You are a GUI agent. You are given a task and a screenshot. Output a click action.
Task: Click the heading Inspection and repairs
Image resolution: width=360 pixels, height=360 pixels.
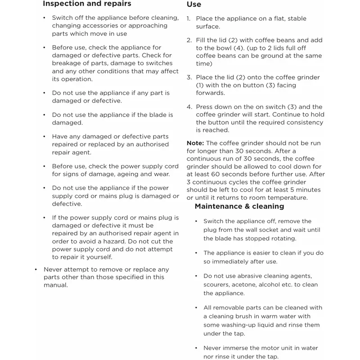[x=87, y=4]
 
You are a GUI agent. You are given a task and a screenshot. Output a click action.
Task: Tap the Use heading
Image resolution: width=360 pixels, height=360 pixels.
[x=194, y=4]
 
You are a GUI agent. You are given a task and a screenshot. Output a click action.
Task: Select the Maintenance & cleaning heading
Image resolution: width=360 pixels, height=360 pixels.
[x=239, y=207]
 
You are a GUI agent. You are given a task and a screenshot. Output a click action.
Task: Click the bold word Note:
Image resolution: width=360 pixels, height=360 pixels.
[x=195, y=143]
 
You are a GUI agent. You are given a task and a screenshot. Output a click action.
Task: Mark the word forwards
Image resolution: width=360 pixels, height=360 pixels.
[x=210, y=93]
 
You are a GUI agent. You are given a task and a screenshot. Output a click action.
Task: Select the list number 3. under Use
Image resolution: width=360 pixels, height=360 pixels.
[x=189, y=77]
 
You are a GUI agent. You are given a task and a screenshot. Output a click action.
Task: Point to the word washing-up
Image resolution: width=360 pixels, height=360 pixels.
[x=237, y=325]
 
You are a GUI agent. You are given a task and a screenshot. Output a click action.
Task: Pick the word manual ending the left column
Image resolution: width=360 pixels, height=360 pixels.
[x=55, y=285]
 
